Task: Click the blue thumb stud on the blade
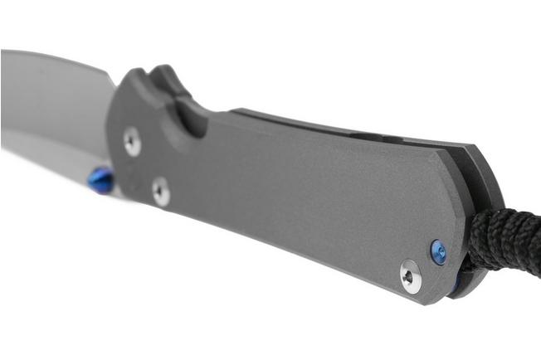click(100, 180)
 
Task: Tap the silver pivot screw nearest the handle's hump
click(133, 141)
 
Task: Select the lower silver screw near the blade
click(161, 192)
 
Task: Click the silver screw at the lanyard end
click(411, 276)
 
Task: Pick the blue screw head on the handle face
click(438, 251)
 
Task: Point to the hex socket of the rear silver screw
click(411, 277)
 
